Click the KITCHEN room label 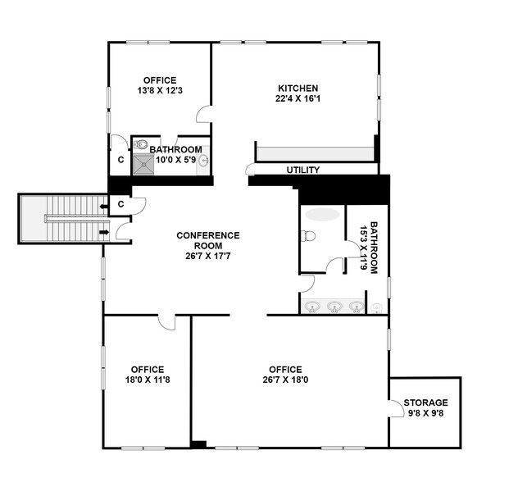coord(298,89)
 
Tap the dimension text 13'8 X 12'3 coord(160,92)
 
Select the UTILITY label coord(302,171)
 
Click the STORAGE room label coord(425,402)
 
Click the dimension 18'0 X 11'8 coord(146,380)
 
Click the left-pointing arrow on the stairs coord(102,206)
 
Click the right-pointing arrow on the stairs coord(103,233)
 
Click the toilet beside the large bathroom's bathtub coord(308,236)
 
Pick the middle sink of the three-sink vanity coord(334,307)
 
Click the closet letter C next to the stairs coord(120,203)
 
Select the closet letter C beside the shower coord(120,159)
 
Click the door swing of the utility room coord(249,170)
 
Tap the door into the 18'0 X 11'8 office coord(166,322)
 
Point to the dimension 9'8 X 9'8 coord(425,414)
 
